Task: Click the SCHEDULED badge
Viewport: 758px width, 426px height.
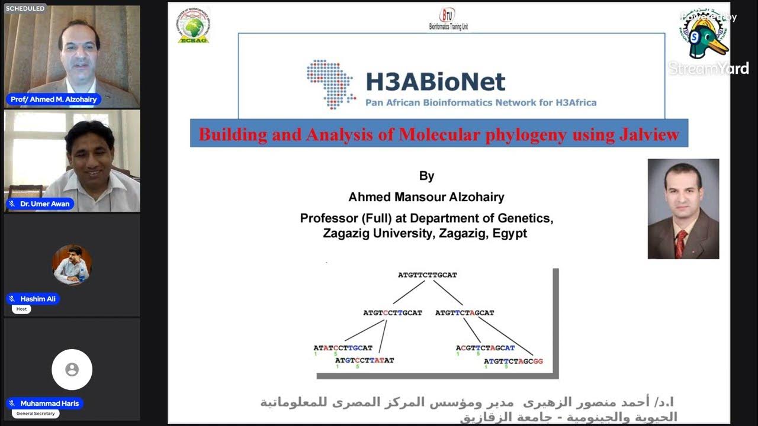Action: (x=25, y=8)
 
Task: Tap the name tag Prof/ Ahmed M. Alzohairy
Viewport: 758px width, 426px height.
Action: (x=53, y=99)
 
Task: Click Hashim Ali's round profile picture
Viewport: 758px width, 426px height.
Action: (x=72, y=264)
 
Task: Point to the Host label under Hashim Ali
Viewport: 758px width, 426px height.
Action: (x=21, y=309)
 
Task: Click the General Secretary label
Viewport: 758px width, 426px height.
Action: (x=36, y=414)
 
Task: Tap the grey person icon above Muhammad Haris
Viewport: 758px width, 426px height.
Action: (x=72, y=370)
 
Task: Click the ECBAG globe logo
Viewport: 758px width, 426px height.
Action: (x=193, y=25)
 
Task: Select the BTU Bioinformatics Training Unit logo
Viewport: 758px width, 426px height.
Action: (x=448, y=20)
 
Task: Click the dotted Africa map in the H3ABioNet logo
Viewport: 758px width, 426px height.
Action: (x=330, y=83)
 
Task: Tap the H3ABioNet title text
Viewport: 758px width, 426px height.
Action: (x=435, y=82)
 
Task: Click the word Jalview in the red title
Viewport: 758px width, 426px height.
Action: (x=650, y=134)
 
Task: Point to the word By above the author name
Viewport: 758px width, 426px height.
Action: (x=426, y=176)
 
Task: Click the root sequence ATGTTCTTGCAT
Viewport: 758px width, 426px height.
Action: (x=427, y=275)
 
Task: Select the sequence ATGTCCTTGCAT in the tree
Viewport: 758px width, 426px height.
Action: (x=393, y=312)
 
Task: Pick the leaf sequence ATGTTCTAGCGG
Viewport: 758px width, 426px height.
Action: (x=513, y=360)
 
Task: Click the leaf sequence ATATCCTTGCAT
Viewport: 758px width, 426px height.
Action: (x=343, y=348)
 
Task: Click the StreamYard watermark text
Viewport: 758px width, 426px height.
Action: (x=708, y=69)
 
